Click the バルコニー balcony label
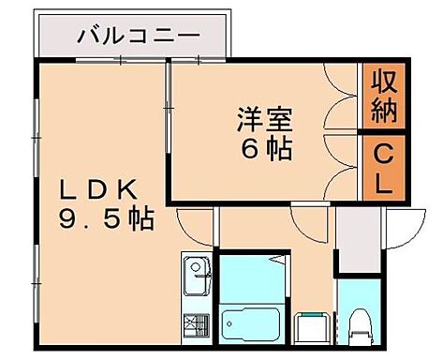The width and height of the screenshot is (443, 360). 138,38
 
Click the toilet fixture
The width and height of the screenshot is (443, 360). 358,326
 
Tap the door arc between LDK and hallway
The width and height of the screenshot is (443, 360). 195,222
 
